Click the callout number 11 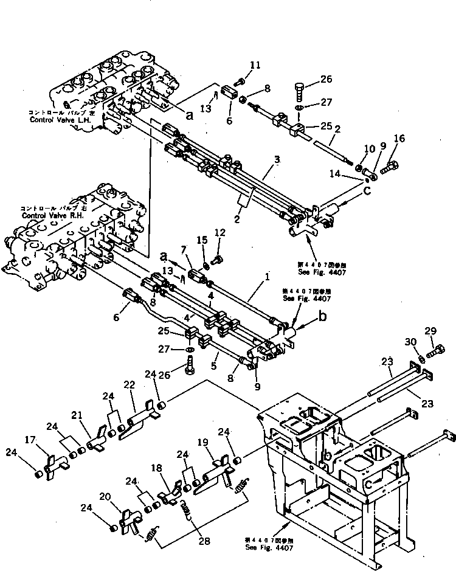pos(255,65)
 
